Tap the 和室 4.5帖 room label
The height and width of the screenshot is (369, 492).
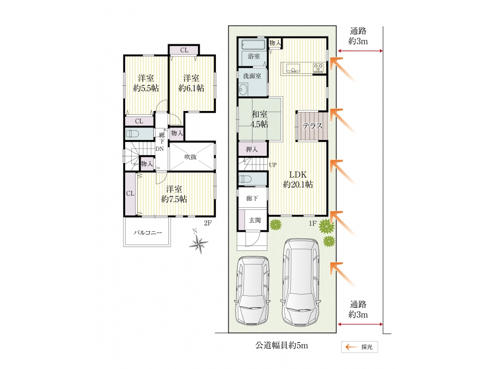point(259,119)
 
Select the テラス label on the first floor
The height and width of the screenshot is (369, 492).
point(312,126)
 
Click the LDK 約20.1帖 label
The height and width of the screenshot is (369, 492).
point(298,179)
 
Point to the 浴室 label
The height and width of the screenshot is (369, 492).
point(254,56)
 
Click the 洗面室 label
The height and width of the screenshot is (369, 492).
point(252,76)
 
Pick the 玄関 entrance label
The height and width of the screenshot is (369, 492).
point(255,220)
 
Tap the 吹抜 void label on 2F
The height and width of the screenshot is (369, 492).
point(190,157)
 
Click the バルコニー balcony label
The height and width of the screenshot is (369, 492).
point(148,232)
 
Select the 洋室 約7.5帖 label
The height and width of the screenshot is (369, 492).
point(174,194)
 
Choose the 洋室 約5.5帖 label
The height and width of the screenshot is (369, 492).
point(146,83)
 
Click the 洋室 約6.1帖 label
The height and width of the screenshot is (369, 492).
point(191,83)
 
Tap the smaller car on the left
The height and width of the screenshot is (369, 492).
point(252,290)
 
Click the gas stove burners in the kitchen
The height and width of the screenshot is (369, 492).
point(318,68)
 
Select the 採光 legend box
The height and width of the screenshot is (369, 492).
point(360,347)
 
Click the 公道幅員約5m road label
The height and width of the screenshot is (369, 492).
point(282,346)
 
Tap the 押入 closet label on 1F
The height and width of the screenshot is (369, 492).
point(251,149)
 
